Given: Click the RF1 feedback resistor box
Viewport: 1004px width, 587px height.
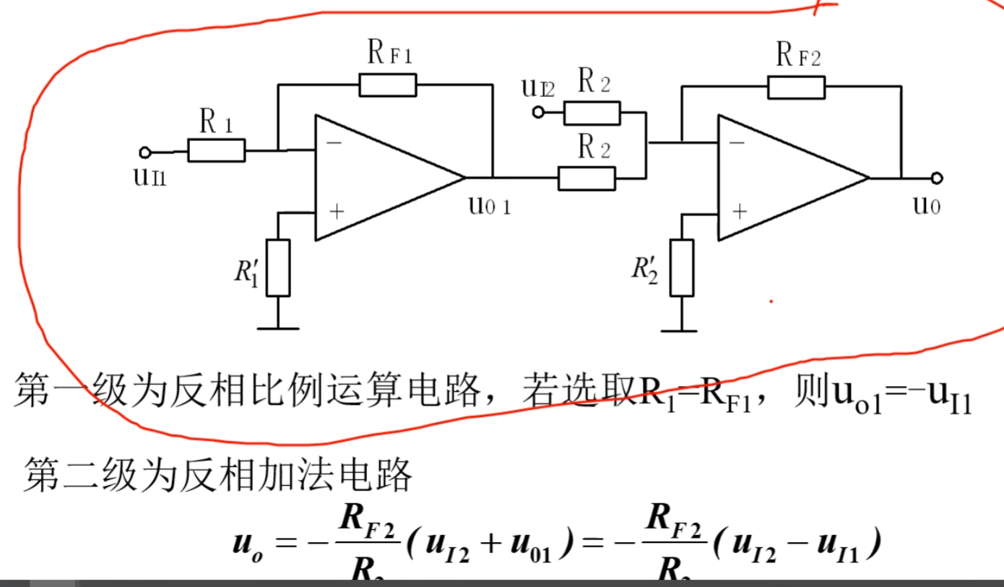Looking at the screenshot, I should (x=388, y=85).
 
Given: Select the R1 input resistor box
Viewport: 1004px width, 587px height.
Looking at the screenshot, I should (x=216, y=150).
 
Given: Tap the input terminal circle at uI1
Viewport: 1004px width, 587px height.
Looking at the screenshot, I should (x=144, y=152).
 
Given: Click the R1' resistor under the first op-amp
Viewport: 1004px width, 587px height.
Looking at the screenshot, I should (x=278, y=267).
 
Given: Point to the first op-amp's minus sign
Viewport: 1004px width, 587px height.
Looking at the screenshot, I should (x=334, y=142).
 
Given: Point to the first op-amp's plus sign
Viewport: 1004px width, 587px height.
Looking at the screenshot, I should (x=335, y=211).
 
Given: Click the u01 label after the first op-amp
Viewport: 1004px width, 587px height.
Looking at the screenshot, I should (x=489, y=207).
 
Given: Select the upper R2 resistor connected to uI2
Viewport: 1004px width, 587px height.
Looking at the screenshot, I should (x=592, y=113).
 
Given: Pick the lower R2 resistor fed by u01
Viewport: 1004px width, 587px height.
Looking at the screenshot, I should (x=587, y=178).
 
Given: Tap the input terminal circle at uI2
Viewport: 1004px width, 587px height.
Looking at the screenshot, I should (x=537, y=112).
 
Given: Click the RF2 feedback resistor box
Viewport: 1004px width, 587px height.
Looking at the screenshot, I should (x=796, y=87).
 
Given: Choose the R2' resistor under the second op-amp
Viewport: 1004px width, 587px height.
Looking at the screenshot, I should (x=682, y=267).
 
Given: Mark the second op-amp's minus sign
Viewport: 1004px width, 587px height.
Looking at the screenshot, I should (x=737, y=142).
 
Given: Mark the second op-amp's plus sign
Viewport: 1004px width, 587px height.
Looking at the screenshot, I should (x=738, y=211).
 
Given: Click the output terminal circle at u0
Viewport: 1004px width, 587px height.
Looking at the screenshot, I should (x=937, y=178).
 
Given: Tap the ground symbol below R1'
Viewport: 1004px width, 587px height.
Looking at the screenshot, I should (x=278, y=329).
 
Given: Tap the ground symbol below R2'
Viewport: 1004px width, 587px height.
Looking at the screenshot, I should (x=680, y=330).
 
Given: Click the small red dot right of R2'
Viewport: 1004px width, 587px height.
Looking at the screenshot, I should (x=771, y=301).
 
